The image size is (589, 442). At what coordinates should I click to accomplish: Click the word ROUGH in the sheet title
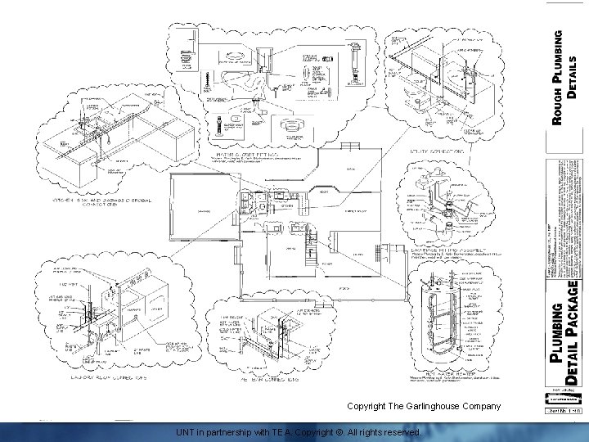558,104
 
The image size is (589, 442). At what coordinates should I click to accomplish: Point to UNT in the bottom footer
187,431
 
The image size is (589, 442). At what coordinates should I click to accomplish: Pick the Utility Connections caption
438,151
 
